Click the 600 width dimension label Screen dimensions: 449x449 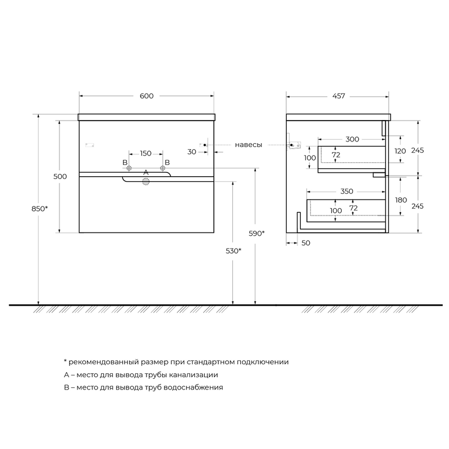(x=146, y=96)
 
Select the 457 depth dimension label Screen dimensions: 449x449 (x=338, y=96)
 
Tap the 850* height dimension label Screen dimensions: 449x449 (x=39, y=209)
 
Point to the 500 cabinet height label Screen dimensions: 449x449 (x=60, y=176)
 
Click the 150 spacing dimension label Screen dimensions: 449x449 (x=146, y=153)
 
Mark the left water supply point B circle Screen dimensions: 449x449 (x=129, y=168)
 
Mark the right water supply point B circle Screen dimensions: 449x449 (x=163, y=168)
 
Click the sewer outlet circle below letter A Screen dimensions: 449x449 (x=146, y=181)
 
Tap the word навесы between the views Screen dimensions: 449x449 (x=249, y=145)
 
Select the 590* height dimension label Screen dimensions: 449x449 (x=256, y=233)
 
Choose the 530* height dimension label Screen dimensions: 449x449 (x=233, y=251)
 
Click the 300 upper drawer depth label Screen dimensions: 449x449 (x=352, y=139)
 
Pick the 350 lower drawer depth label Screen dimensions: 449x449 (x=347, y=191)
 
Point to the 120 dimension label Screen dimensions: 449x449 (x=400, y=151)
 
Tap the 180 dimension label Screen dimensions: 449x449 (x=401, y=200)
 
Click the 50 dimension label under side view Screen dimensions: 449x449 (x=306, y=243)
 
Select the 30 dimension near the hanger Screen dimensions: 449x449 (x=192, y=152)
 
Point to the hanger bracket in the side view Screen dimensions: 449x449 (x=294, y=145)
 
